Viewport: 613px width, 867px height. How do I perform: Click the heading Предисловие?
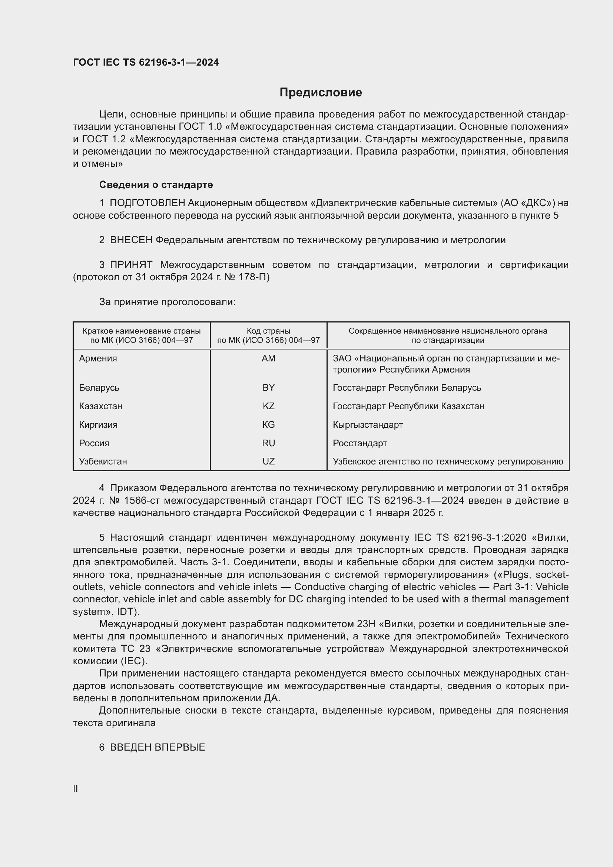pyautogui.click(x=321, y=92)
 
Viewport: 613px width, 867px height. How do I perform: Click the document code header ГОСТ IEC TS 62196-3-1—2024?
pyautogui.click(x=146, y=62)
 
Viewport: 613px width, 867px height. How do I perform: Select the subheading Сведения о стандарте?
pyautogui.click(x=156, y=185)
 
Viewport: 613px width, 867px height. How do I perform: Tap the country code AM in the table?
pyautogui.click(x=268, y=358)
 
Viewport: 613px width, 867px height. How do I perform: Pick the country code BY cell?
pyautogui.click(x=268, y=387)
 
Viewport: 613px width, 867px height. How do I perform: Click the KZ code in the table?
pyautogui.click(x=268, y=406)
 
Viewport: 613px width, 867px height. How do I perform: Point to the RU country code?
pyautogui.click(x=268, y=443)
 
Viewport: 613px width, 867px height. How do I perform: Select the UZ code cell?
pyautogui.click(x=268, y=461)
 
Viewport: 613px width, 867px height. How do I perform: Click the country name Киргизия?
pyautogui.click(x=98, y=424)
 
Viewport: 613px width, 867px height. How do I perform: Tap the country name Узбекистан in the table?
pyautogui.click(x=103, y=461)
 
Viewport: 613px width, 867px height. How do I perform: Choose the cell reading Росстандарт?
pyautogui.click(x=360, y=443)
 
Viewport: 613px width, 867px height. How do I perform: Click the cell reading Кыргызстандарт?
pyautogui.click(x=368, y=424)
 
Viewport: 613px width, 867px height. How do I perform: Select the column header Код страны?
pyautogui.click(x=268, y=331)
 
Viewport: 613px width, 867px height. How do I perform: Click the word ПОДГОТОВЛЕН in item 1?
pyautogui.click(x=147, y=203)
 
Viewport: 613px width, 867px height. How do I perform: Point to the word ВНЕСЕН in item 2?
pyautogui.click(x=131, y=240)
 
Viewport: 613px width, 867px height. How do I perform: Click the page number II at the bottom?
pyautogui.click(x=76, y=788)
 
